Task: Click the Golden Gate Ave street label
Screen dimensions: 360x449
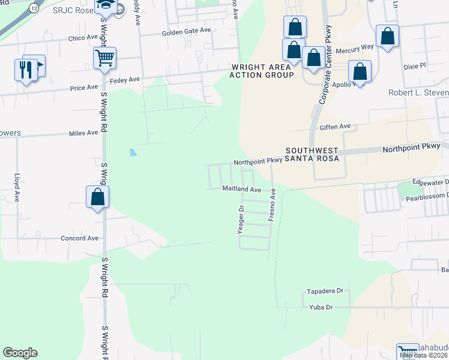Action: [x=187, y=31]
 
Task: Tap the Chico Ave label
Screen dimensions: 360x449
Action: [x=84, y=38]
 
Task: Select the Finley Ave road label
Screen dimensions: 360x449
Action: [x=124, y=79]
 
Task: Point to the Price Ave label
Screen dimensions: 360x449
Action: [x=84, y=88]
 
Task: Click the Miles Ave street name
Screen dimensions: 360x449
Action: [x=83, y=133]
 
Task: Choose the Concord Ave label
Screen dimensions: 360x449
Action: [x=79, y=238]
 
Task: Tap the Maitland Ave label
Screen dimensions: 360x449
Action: [x=241, y=189]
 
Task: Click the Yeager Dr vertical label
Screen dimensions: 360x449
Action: [x=241, y=219]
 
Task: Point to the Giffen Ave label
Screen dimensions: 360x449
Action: [x=336, y=127]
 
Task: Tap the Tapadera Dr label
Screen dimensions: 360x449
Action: [x=324, y=291]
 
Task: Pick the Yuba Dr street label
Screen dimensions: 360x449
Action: [x=321, y=308]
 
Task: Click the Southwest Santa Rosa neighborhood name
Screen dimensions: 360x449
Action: [x=312, y=154]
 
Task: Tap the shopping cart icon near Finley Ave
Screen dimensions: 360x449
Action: [x=104, y=58]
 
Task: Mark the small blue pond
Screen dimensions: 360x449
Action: [x=133, y=152]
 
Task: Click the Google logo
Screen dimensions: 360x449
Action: [x=20, y=353]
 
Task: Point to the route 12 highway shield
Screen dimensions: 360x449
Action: [x=34, y=8]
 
